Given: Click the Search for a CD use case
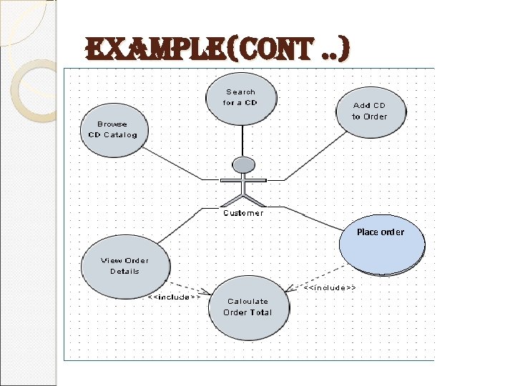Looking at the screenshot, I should coord(240,97).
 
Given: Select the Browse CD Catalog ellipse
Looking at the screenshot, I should coord(112,129).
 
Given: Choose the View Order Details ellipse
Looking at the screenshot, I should coord(124,266).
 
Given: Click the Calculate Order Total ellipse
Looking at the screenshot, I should coord(247,307).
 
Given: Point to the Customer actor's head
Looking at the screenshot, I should coord(244,164).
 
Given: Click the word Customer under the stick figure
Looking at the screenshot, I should coord(243,213).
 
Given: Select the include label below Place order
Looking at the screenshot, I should coord(330,287).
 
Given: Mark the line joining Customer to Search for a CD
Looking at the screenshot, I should coord(243,139).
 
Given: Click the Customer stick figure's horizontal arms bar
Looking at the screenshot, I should coord(244,179).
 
